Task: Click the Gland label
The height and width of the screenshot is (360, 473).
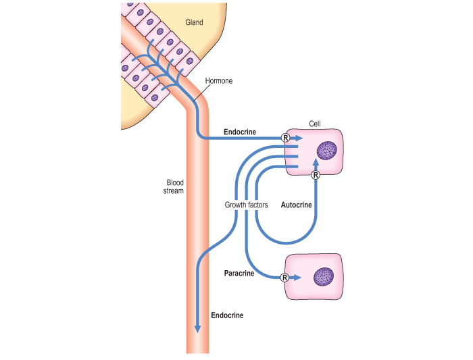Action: pyautogui.click(x=194, y=22)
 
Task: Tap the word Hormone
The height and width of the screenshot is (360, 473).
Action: pyautogui.click(x=219, y=81)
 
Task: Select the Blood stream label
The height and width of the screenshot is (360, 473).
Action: pyautogui.click(x=174, y=186)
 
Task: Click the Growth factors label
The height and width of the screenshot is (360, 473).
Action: pyautogui.click(x=246, y=205)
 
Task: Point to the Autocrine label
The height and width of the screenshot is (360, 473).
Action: pyautogui.click(x=296, y=205)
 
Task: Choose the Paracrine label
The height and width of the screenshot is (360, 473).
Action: pyautogui.click(x=239, y=274)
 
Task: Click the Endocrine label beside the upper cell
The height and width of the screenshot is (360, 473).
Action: pyautogui.click(x=240, y=132)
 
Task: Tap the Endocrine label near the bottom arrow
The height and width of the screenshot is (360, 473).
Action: pyautogui.click(x=227, y=315)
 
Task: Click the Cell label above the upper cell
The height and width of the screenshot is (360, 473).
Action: pyautogui.click(x=315, y=124)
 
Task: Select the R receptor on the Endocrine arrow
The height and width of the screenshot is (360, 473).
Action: pyautogui.click(x=285, y=138)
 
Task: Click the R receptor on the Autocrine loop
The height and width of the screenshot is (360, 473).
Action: pyautogui.click(x=316, y=175)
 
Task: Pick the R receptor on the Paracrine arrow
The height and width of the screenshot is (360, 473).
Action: pyautogui.click(x=284, y=278)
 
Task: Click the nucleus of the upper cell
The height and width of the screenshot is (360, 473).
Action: pyautogui.click(x=326, y=151)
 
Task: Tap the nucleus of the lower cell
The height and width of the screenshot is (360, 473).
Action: pyautogui.click(x=324, y=277)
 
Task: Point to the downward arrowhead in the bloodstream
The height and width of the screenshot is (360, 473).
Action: pyautogui.click(x=197, y=329)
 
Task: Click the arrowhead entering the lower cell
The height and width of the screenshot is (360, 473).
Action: pyautogui.click(x=297, y=278)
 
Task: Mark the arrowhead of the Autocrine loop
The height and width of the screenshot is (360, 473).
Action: pyautogui.click(x=316, y=163)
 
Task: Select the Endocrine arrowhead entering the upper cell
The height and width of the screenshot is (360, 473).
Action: pyautogui.click(x=299, y=138)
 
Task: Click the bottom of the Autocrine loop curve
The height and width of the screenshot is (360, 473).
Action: pyautogui.click(x=286, y=242)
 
